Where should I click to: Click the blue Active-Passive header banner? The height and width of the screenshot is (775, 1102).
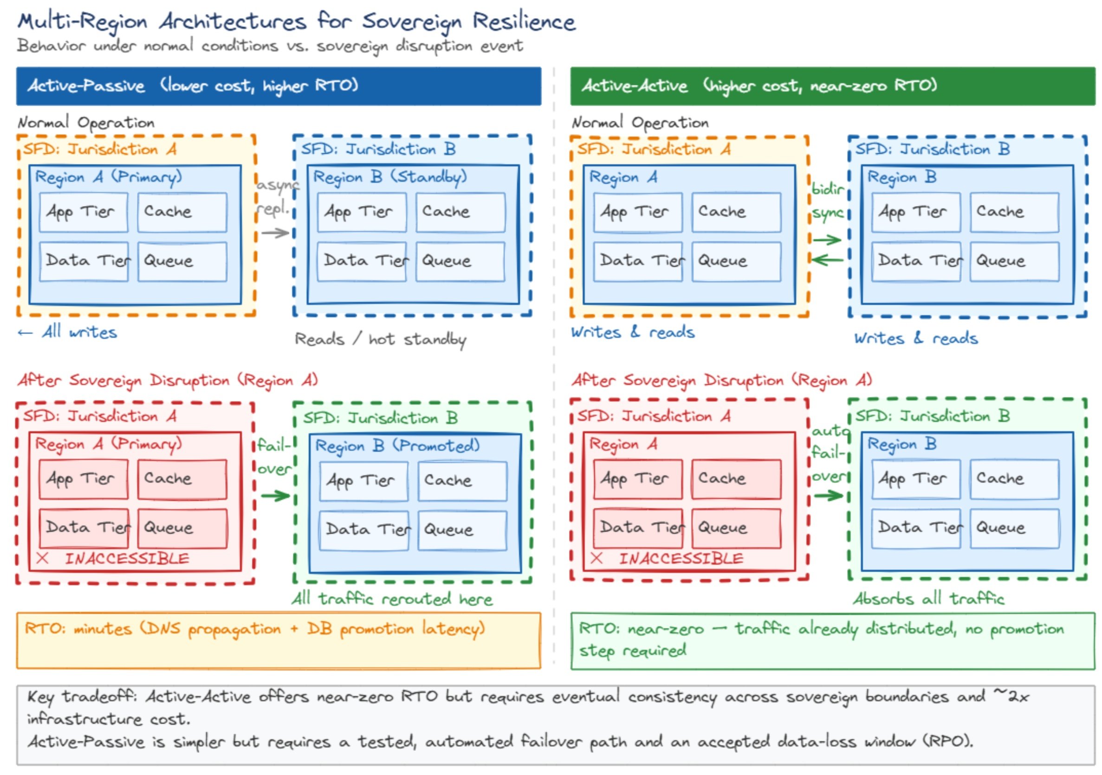(279, 86)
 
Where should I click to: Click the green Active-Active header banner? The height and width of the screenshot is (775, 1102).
(832, 86)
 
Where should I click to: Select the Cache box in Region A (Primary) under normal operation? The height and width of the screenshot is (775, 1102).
(182, 212)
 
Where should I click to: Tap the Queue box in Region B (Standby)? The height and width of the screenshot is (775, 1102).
(460, 261)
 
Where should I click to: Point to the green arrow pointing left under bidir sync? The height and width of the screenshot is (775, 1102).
(827, 260)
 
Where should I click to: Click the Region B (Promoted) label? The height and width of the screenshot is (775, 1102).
(397, 446)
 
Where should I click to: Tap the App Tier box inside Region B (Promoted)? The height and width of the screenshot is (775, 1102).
(363, 481)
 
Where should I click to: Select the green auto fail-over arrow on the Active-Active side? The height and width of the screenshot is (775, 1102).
(828, 496)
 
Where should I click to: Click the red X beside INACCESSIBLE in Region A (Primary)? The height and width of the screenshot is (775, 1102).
(42, 558)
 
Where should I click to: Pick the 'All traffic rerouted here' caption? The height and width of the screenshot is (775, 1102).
(392, 599)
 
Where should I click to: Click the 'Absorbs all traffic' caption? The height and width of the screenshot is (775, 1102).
(928, 599)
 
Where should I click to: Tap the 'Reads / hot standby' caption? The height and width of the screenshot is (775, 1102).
(380, 339)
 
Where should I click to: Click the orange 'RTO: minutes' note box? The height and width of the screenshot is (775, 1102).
(279, 640)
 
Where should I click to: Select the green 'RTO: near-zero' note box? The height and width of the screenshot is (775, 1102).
(832, 640)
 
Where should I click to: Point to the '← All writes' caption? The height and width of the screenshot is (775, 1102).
(67, 332)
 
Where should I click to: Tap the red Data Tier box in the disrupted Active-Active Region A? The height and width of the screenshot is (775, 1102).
(637, 528)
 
